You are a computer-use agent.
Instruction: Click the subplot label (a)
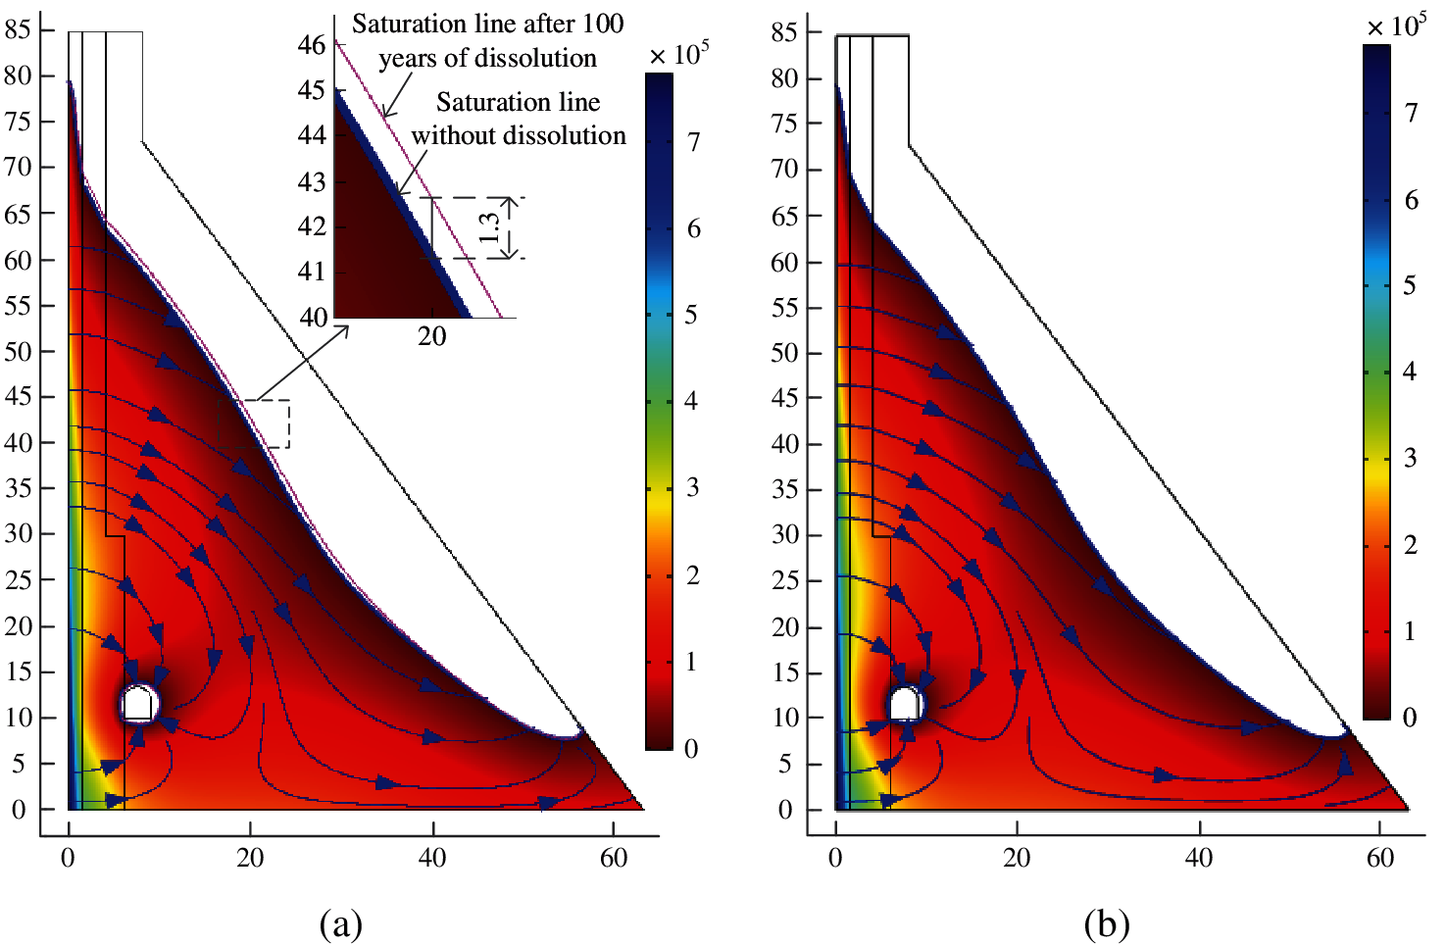tap(341, 923)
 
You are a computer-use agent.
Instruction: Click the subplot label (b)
tap(1107, 923)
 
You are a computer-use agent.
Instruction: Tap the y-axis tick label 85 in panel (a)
tap(18, 29)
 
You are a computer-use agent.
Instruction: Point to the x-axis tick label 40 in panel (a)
tap(432, 858)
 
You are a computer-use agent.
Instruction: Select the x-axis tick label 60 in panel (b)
tap(1380, 858)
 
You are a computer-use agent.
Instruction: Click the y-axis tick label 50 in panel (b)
tap(784, 352)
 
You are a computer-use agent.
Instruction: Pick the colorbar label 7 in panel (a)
tap(693, 143)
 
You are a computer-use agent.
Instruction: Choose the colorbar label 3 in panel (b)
tap(1410, 458)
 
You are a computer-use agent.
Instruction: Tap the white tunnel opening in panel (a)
tap(138, 704)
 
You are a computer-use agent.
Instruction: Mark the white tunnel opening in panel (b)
tap(905, 704)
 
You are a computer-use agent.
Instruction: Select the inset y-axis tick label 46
tap(312, 45)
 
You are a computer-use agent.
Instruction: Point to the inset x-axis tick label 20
tap(432, 336)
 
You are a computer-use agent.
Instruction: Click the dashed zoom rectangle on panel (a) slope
tap(253, 423)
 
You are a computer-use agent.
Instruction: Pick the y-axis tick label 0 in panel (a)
tap(18, 810)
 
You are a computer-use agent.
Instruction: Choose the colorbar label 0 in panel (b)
tap(1410, 718)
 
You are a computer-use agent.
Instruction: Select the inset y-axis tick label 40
tap(313, 317)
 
